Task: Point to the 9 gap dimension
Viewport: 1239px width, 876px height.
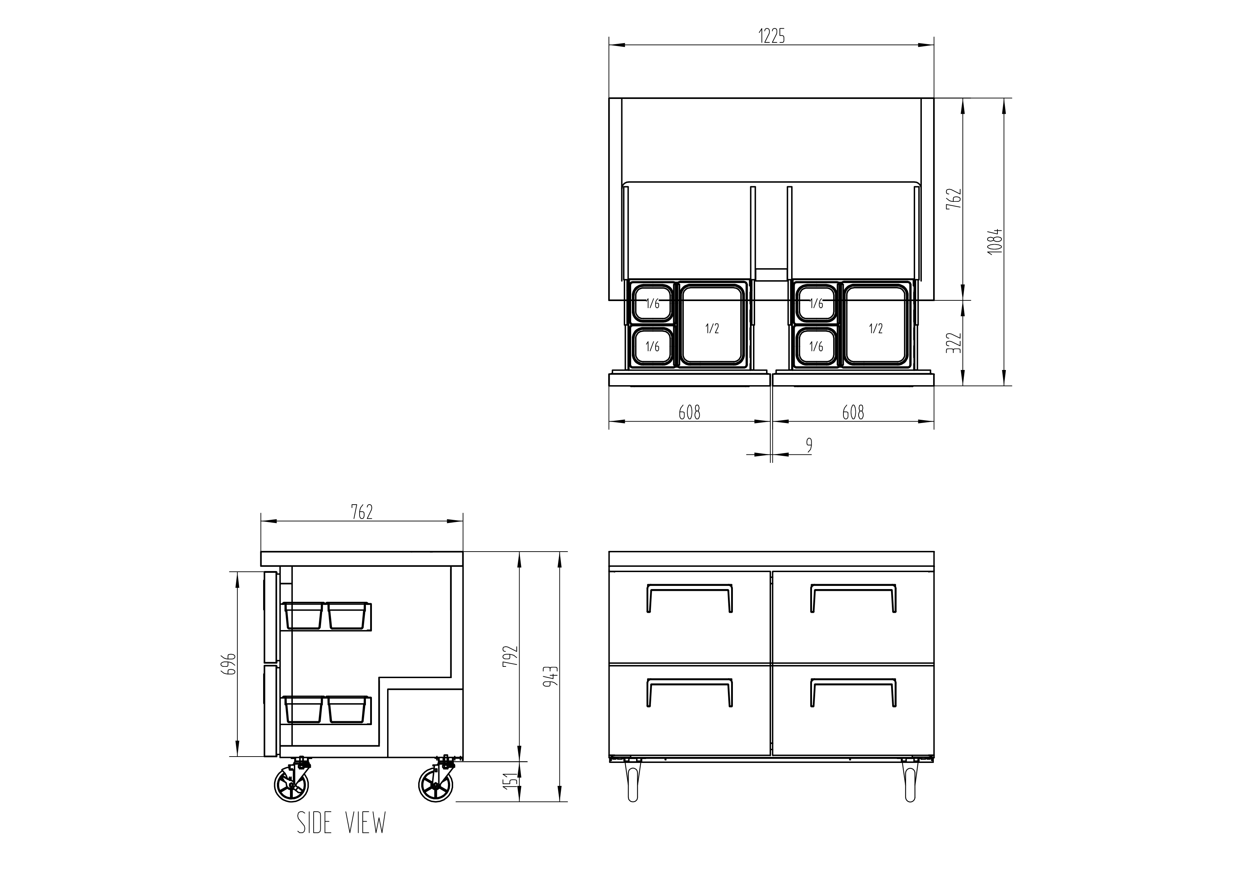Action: (809, 445)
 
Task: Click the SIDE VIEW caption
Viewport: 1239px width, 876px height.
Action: (342, 823)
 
